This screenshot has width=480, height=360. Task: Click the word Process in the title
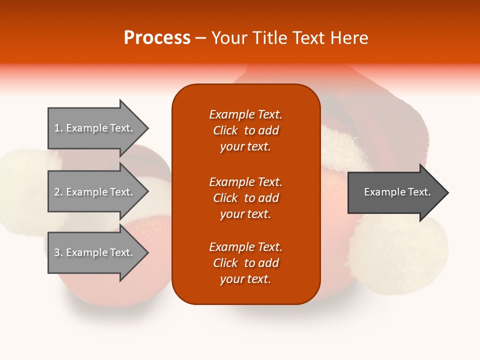tap(157, 38)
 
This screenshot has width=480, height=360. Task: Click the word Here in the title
tap(349, 38)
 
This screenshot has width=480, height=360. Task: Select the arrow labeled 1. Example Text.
tap(98, 128)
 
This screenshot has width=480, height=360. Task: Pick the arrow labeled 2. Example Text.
tap(98, 191)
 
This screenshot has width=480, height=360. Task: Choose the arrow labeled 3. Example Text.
tap(98, 252)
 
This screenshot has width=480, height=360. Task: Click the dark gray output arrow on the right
tap(398, 192)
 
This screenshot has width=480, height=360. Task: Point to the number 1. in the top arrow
tap(58, 128)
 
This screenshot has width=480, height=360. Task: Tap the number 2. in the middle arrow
tap(58, 192)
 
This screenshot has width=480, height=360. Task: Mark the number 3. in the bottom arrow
tap(58, 252)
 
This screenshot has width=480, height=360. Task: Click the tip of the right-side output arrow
tap(449, 193)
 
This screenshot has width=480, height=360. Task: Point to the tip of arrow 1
tap(149, 128)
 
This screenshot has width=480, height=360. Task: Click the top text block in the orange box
tap(246, 130)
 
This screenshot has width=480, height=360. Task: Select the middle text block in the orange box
tap(246, 198)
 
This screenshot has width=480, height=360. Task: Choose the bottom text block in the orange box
tap(246, 263)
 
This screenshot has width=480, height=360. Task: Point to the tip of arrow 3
tap(149, 252)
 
